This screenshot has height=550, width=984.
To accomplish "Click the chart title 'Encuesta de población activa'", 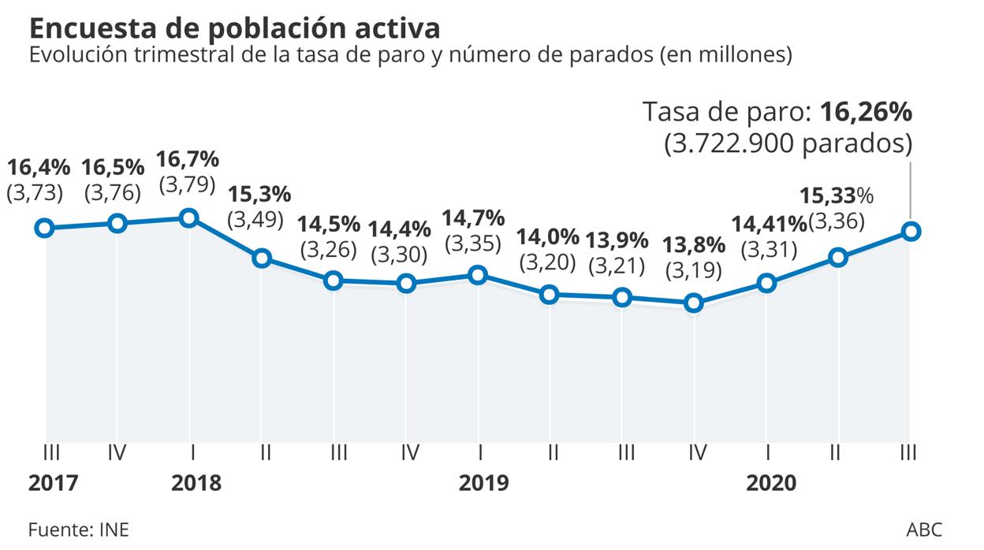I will [x=234, y=28].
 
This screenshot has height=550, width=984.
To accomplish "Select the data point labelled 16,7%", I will [x=188, y=218].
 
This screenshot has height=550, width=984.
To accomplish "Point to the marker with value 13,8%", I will [x=694, y=303].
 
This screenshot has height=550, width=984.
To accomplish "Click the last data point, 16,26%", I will [x=911, y=231].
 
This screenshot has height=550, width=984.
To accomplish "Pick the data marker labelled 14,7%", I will [x=477, y=275].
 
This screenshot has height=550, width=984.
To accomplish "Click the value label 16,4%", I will [x=39, y=167].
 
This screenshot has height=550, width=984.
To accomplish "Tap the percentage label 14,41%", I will [x=770, y=225].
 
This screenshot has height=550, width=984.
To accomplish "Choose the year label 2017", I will [x=53, y=482].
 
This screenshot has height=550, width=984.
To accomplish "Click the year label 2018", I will [x=196, y=482].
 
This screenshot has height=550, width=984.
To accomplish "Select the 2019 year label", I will [x=484, y=482].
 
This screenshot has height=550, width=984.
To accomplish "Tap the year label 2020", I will [x=772, y=482].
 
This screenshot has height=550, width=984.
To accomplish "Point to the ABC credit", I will [x=924, y=528].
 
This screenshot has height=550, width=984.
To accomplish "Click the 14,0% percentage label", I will [x=548, y=237].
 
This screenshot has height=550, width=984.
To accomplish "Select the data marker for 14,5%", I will [x=334, y=281].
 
